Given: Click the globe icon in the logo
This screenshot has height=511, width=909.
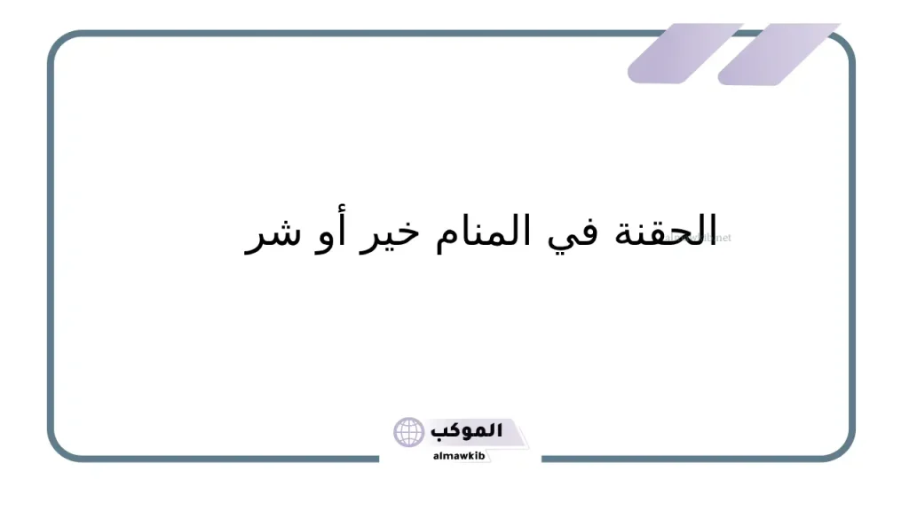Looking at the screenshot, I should pos(410,433).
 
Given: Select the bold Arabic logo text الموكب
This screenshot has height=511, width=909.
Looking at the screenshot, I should pos(468,431).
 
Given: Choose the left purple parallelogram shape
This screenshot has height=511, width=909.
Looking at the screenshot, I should pos(684,53).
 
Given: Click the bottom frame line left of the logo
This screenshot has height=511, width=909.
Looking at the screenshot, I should pos(222,459).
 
